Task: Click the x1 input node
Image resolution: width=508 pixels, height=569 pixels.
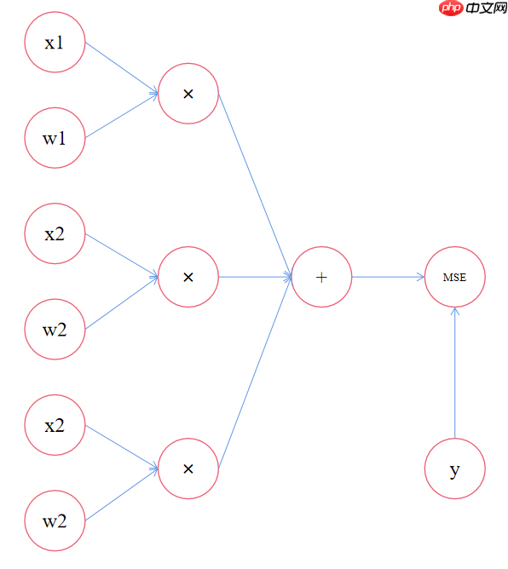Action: (x=55, y=42)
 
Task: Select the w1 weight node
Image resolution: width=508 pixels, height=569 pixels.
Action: (x=55, y=138)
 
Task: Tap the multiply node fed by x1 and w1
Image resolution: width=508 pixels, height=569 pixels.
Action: (x=188, y=94)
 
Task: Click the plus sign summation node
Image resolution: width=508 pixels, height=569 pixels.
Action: (x=321, y=277)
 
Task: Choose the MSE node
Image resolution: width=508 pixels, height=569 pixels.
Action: (x=454, y=277)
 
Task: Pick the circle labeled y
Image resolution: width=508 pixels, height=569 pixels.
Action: (x=454, y=468)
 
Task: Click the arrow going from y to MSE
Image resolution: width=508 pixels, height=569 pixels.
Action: (x=454, y=373)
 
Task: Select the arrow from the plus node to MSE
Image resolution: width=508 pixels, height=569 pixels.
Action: (x=388, y=277)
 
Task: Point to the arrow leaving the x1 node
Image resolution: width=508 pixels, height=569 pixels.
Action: (x=122, y=68)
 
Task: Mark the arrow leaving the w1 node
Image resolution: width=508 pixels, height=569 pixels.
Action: (x=122, y=116)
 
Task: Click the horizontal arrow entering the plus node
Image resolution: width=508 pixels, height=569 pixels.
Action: (x=255, y=277)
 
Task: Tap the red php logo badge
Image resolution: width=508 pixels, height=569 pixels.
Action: (x=451, y=8)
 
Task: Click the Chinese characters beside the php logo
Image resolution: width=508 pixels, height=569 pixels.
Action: (x=486, y=8)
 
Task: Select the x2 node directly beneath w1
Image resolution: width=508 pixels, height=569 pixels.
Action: (x=55, y=233)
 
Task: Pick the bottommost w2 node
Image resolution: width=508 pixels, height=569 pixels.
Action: (x=55, y=520)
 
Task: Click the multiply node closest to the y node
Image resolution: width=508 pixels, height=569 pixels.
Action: (x=188, y=468)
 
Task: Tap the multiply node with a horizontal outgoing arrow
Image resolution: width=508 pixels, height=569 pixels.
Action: (x=188, y=277)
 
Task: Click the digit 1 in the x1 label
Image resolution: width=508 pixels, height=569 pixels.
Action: (x=60, y=42)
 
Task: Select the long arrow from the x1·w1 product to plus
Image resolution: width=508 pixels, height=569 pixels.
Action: (x=255, y=185)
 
